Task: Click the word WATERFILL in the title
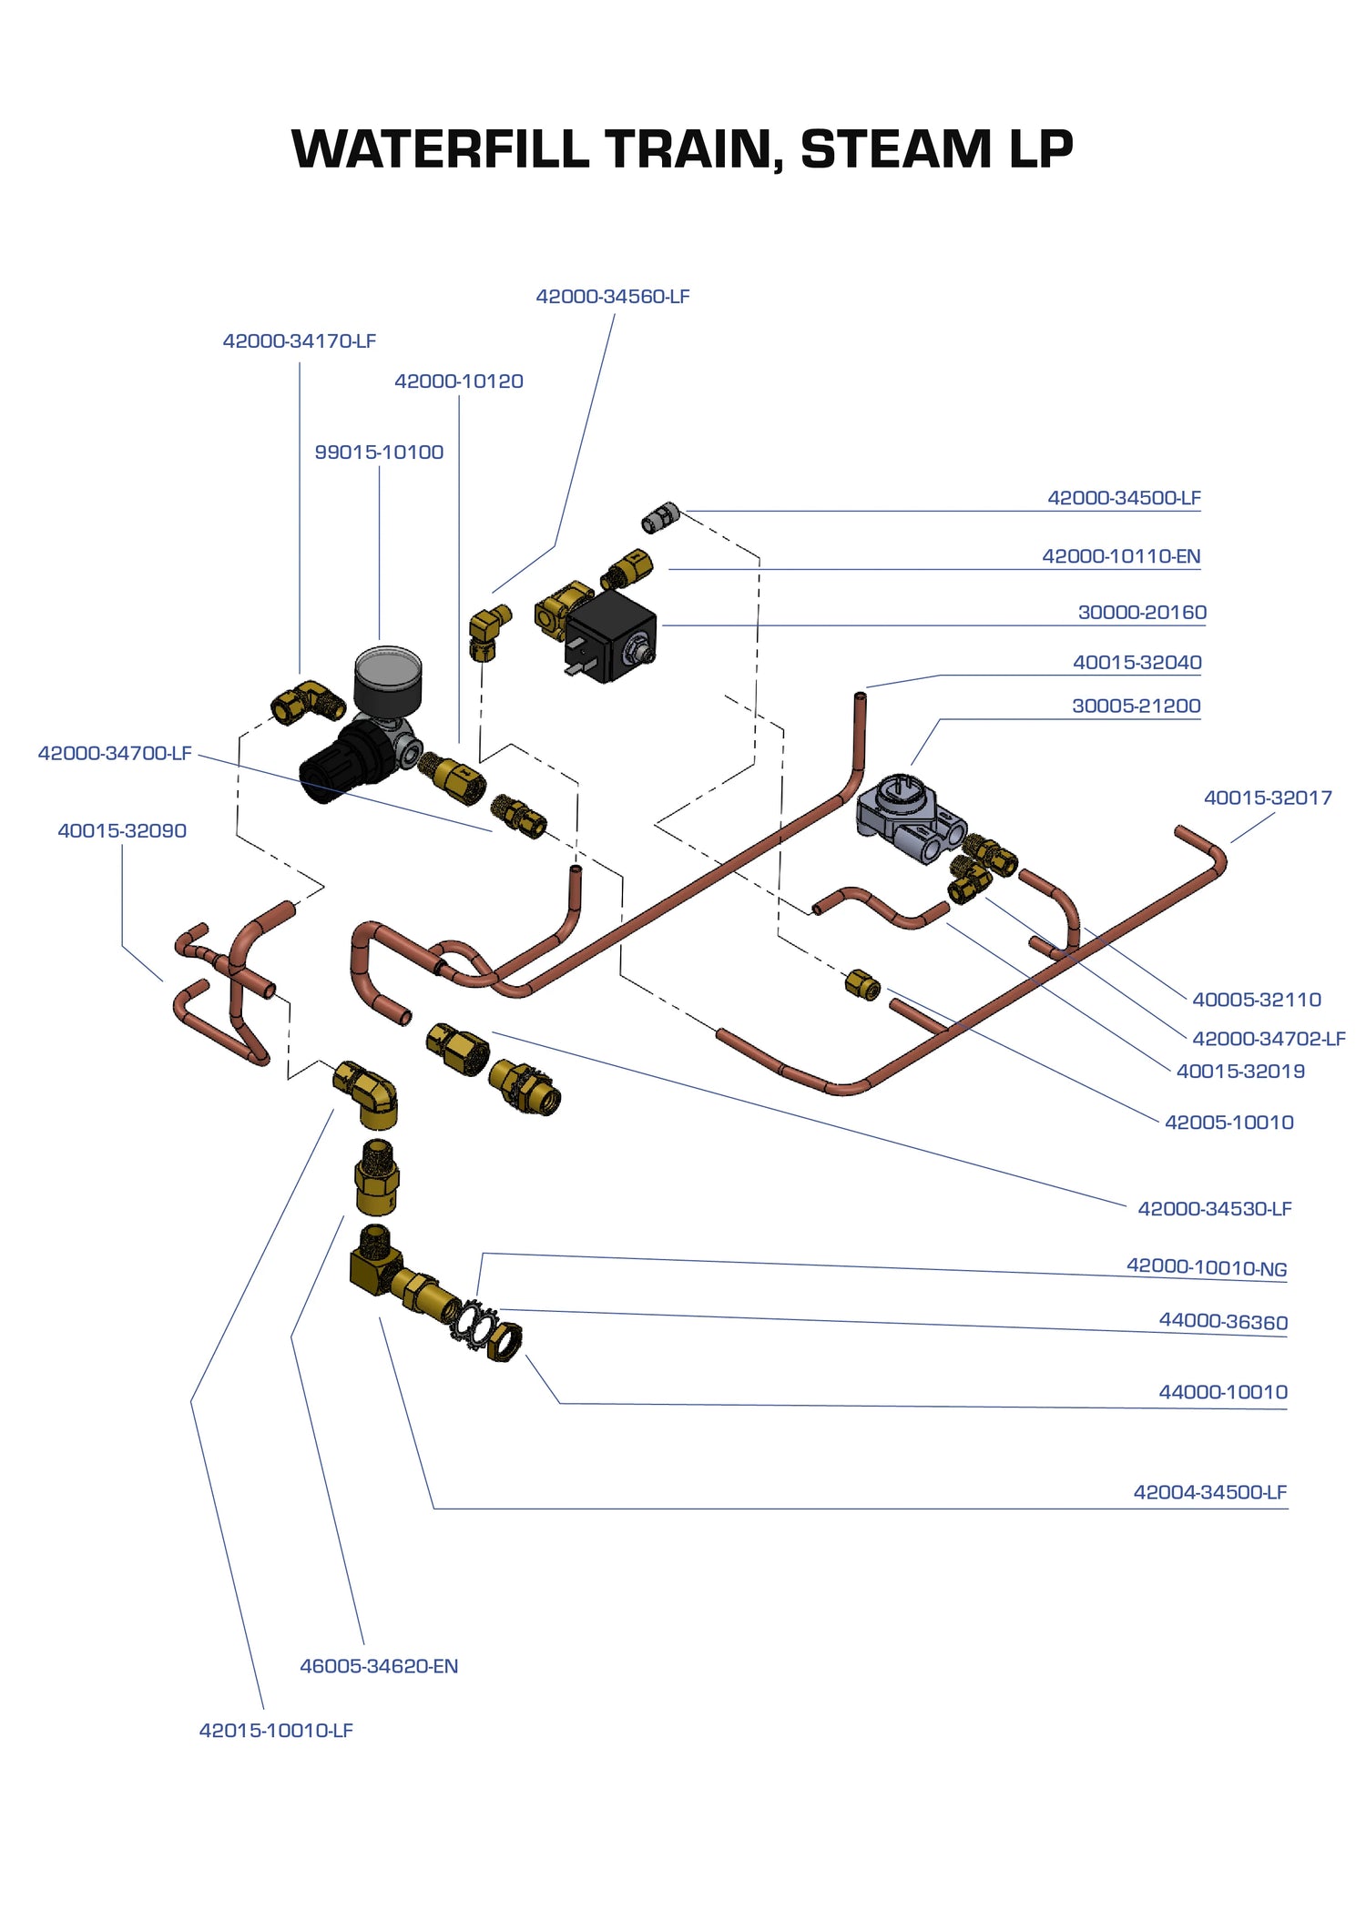pyautogui.click(x=440, y=149)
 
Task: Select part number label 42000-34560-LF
pyautogui.click(x=612, y=297)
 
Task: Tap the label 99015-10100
pyautogui.click(x=379, y=452)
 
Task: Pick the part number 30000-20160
pyautogui.click(x=1142, y=613)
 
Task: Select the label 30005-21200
pyautogui.click(x=1136, y=706)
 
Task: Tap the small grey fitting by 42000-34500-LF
pyautogui.click(x=660, y=518)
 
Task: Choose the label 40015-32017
pyautogui.click(x=1268, y=798)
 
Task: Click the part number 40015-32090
pyautogui.click(x=122, y=831)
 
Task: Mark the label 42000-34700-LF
pyautogui.click(x=115, y=754)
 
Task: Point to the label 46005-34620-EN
pyautogui.click(x=379, y=1666)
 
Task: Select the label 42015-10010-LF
pyautogui.click(x=276, y=1731)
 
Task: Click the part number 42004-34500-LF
pyautogui.click(x=1209, y=1492)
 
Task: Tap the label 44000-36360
pyautogui.click(x=1222, y=1322)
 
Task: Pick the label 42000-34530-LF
pyautogui.click(x=1214, y=1209)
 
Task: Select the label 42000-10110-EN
pyautogui.click(x=1121, y=556)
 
